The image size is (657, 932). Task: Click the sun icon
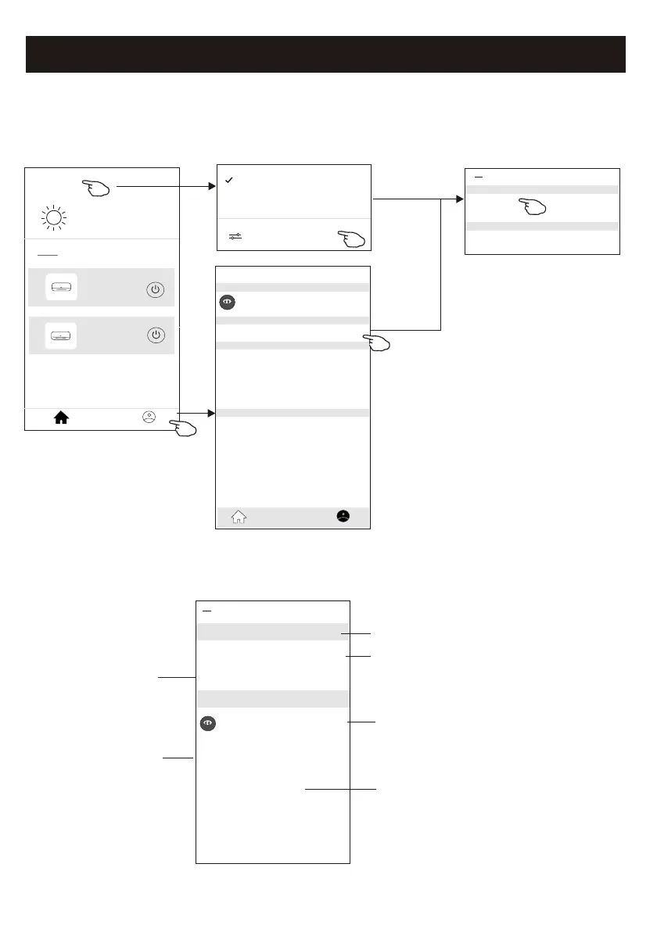[x=56, y=217]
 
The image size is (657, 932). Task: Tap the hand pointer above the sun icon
[x=97, y=188]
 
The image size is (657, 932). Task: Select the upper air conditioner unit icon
[x=60, y=289]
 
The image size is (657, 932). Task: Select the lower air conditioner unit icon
[x=60, y=336]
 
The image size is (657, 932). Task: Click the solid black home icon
[x=61, y=418]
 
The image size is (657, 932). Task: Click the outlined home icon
[x=239, y=516]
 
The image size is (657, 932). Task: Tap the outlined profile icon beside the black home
[x=149, y=417]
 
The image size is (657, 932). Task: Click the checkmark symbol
[x=228, y=181]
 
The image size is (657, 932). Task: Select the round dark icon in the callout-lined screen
[x=207, y=724]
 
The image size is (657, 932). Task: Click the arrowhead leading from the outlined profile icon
[x=210, y=412]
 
